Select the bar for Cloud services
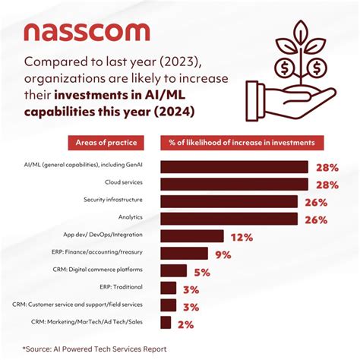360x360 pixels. pyautogui.click(x=234, y=185)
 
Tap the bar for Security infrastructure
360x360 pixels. pyautogui.click(x=229, y=202)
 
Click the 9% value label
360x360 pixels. pyautogui.click(x=223, y=254)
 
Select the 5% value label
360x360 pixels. pyautogui.click(x=202, y=271)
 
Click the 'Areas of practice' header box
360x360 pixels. pyautogui.click(x=106, y=143)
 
